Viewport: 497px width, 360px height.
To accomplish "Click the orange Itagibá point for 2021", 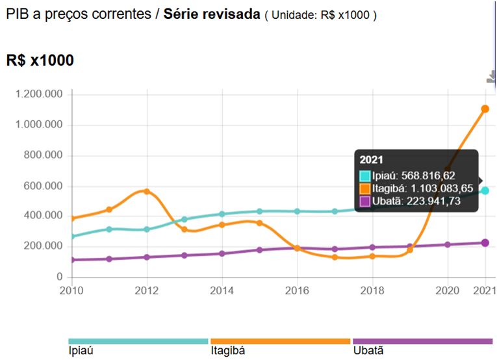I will click(485, 109).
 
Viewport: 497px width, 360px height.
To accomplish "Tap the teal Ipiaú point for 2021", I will click(485, 190).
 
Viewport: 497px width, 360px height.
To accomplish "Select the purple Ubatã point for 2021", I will click(485, 243).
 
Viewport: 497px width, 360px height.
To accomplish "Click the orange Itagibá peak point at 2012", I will click(147, 192).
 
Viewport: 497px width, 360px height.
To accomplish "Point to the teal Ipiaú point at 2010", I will click(72, 237).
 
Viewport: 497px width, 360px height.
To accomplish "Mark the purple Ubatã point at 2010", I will click(72, 260).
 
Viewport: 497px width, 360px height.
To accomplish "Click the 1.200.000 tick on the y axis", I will click(42, 94).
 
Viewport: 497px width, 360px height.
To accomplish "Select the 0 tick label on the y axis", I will click(60, 277).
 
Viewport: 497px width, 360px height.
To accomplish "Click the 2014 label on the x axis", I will click(222, 290).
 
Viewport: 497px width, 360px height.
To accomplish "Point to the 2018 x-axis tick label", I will click(372, 290).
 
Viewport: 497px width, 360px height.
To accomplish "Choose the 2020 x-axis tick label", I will click(447, 290).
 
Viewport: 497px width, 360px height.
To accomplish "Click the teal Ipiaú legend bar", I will click(138, 341).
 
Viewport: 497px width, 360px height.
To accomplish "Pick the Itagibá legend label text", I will click(228, 351).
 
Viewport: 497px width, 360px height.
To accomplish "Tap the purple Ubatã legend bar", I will click(422, 341).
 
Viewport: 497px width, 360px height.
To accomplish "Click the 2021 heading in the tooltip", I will click(372, 160).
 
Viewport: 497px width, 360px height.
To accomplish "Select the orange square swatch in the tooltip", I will click(365, 188).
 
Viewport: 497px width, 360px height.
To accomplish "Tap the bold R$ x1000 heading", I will click(40, 60).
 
